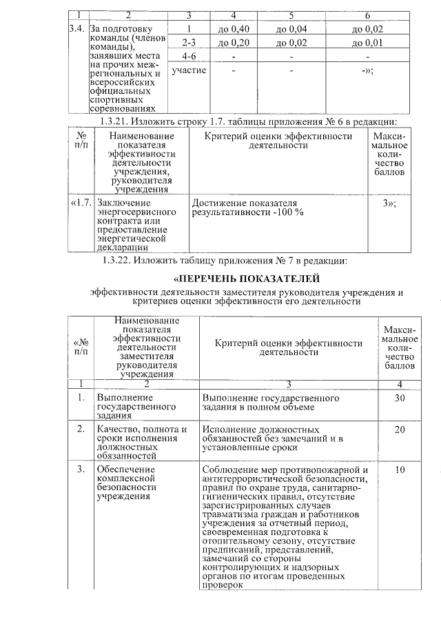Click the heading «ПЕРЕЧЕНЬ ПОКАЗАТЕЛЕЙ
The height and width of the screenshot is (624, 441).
[x=246, y=279]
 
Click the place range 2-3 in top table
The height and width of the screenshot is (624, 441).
[x=188, y=43]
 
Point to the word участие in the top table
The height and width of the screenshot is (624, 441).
[x=188, y=70]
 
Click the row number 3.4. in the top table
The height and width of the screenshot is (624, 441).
[x=78, y=29]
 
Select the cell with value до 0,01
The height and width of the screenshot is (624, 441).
[x=367, y=43]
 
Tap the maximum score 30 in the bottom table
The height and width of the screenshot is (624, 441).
[x=400, y=398]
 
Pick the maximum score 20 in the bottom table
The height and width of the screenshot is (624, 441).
[x=400, y=429]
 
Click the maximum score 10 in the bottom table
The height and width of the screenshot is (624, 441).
[x=400, y=470]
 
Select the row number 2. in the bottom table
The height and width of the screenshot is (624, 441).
[x=81, y=429]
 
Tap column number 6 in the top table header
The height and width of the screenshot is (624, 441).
[x=367, y=15]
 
